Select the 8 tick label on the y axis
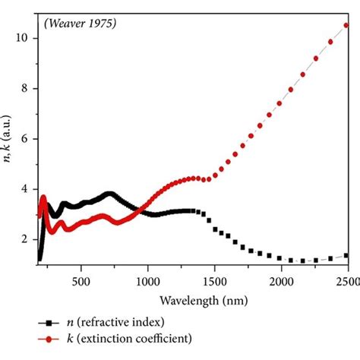[x=27, y=88]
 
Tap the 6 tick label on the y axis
[x=27, y=139]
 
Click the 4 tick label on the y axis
[x=27, y=189]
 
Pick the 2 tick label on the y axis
[x=27, y=239]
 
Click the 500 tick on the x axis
[x=81, y=279]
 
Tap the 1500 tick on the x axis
[x=214, y=279]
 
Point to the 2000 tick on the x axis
[x=281, y=279]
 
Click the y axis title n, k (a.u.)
[x=9, y=152]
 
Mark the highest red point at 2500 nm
[x=346, y=24]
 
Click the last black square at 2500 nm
[x=346, y=255]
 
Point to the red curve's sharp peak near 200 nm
[x=43, y=197]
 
